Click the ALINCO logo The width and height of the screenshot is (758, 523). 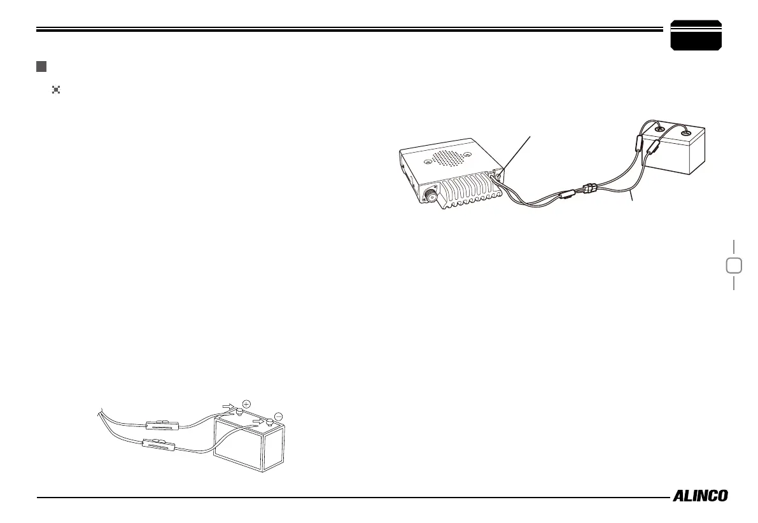tap(700, 496)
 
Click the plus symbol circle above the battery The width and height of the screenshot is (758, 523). tap(246, 403)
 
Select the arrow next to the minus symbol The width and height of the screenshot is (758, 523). tap(258, 421)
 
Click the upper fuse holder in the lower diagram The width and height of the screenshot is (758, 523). tap(165, 424)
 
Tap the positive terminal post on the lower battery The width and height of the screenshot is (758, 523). tap(238, 412)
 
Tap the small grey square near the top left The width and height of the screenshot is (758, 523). tap(41, 66)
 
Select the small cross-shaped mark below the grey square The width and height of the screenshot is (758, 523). tap(56, 90)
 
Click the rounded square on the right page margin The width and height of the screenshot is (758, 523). tap(733, 265)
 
